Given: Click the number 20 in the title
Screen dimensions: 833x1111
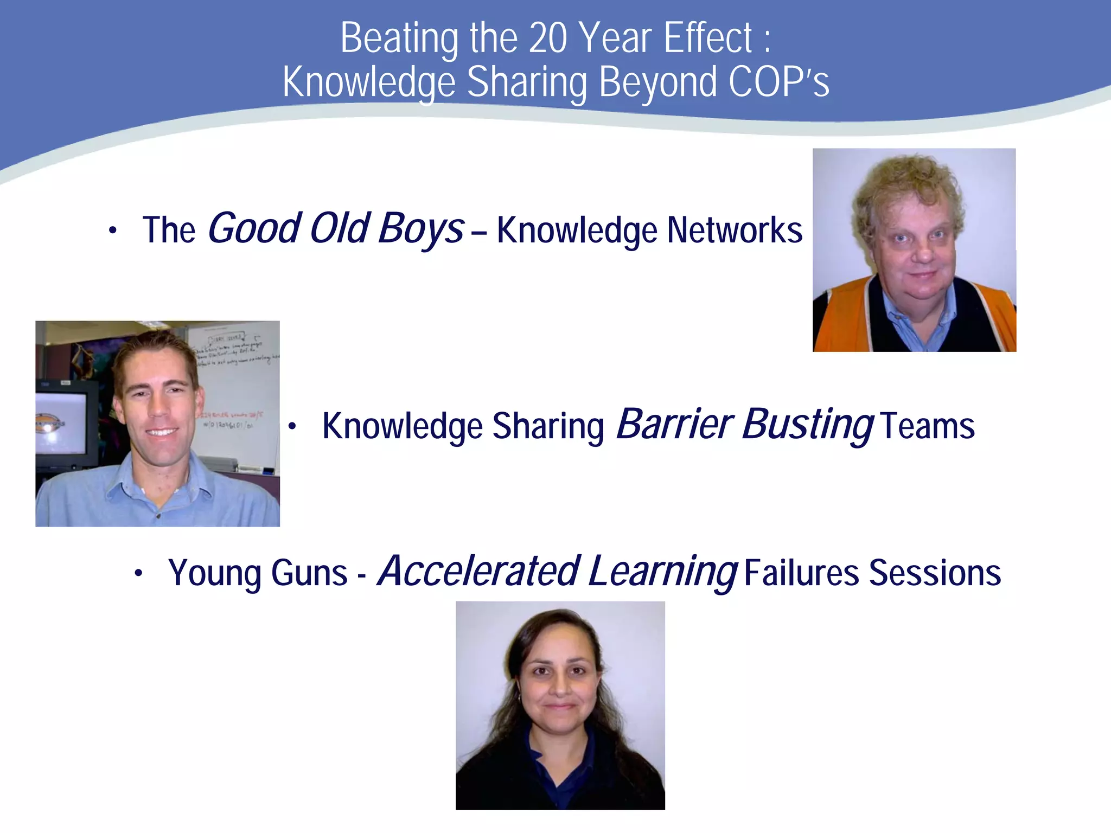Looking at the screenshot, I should [547, 39].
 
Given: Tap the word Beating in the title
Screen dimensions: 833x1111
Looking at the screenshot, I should [399, 39].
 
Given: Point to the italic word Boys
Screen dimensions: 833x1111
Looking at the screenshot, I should [421, 228].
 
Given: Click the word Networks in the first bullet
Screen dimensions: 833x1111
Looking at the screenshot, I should [735, 230].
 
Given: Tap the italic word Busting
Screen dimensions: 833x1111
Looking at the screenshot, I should [808, 424].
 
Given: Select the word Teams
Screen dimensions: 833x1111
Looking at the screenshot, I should [928, 426].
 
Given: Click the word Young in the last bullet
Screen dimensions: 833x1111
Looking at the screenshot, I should [215, 573].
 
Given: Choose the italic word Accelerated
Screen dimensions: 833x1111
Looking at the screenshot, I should [479, 571].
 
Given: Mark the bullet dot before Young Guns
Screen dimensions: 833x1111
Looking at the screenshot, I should [139, 573].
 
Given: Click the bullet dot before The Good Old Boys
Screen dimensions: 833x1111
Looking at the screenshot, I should [112, 230].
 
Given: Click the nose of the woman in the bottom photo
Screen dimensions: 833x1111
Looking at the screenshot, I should [559, 687].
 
